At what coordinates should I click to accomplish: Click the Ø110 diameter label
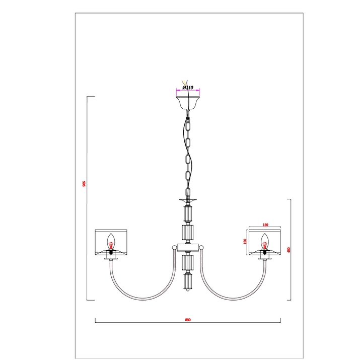[x=188, y=88]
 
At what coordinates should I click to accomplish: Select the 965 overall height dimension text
[x=84, y=184]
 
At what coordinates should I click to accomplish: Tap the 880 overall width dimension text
[x=188, y=320]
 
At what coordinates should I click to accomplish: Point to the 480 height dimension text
[x=289, y=250]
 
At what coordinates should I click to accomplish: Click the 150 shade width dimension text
[x=265, y=225]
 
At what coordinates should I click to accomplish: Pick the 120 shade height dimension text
[x=245, y=241]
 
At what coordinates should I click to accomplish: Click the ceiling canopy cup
[x=188, y=103]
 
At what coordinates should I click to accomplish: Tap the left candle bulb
[x=111, y=242]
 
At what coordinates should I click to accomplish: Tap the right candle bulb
[x=265, y=242]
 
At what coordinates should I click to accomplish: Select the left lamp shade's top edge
[x=111, y=230]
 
